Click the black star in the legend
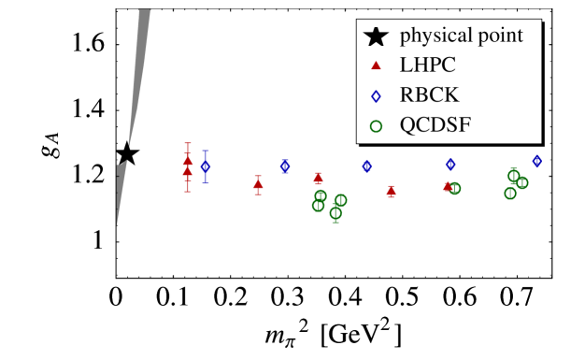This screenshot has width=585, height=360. pyautogui.click(x=375, y=37)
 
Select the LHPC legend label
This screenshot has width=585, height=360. pyautogui.click(x=429, y=66)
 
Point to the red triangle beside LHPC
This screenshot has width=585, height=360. pyautogui.click(x=376, y=65)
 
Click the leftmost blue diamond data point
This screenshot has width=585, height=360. pyautogui.click(x=206, y=166)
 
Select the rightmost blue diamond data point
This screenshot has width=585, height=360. pyautogui.click(x=536, y=161)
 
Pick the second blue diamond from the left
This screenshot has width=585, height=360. pyautogui.click(x=285, y=166)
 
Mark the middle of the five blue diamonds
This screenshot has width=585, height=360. pyautogui.click(x=366, y=166)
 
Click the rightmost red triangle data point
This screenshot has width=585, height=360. pyautogui.click(x=448, y=186)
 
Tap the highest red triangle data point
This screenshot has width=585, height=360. pyautogui.click(x=188, y=161)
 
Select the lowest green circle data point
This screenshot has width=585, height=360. pyautogui.click(x=335, y=213)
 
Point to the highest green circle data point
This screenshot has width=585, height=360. pyautogui.click(x=513, y=175)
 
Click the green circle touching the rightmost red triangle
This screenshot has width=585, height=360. pyautogui.click(x=455, y=188)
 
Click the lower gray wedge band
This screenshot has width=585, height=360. pyautogui.click(x=120, y=192)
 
